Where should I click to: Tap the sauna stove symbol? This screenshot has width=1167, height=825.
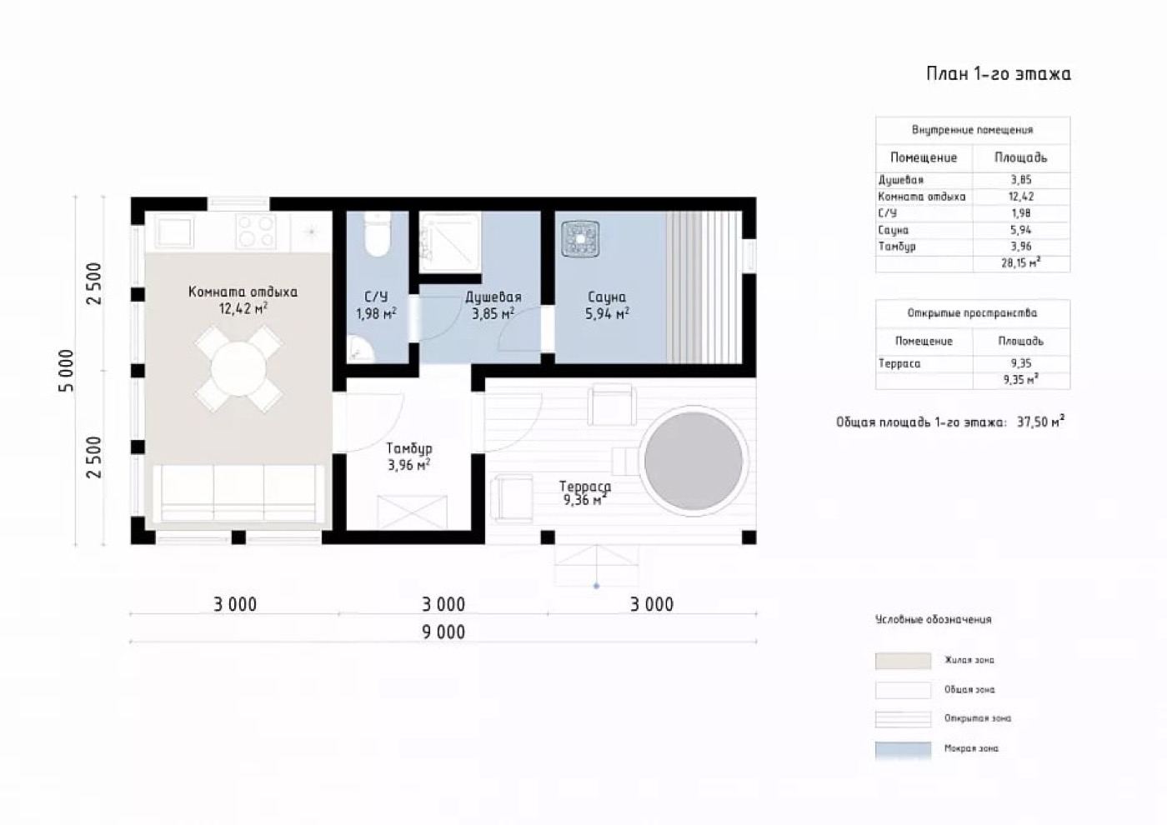pyautogui.click(x=580, y=239)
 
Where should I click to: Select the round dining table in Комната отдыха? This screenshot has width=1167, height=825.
pyautogui.click(x=238, y=368)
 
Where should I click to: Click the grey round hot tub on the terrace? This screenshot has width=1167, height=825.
pyautogui.click(x=694, y=461)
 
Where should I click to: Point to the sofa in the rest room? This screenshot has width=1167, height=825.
pyautogui.click(x=238, y=493)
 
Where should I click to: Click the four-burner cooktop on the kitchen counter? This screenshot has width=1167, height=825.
pyautogui.click(x=255, y=232)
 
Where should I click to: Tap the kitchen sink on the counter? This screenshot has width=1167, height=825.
pyautogui.click(x=173, y=232)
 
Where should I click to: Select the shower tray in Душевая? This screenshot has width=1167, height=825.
pyautogui.click(x=451, y=242)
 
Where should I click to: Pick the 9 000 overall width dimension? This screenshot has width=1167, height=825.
pyautogui.click(x=443, y=632)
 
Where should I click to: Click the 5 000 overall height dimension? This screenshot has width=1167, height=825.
pyautogui.click(x=67, y=370)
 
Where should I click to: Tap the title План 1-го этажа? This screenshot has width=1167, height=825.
pyautogui.click(x=999, y=74)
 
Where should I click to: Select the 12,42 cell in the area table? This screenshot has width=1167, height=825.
pyautogui.click(x=1021, y=197)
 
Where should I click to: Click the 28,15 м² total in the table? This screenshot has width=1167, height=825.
pyautogui.click(x=1021, y=262)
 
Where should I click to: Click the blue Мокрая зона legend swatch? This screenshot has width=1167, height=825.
pyautogui.click(x=903, y=750)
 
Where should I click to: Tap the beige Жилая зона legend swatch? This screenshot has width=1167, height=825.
pyautogui.click(x=903, y=660)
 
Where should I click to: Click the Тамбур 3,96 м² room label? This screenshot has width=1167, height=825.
pyautogui.click(x=409, y=457)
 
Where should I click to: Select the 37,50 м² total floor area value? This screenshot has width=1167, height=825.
pyautogui.click(x=1041, y=421)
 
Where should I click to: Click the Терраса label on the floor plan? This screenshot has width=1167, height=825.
pyautogui.click(x=585, y=486)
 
